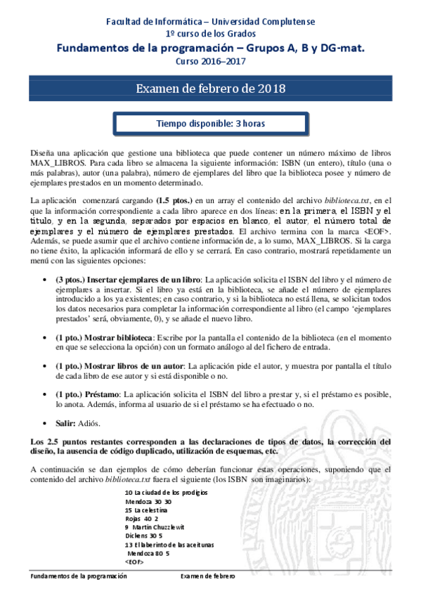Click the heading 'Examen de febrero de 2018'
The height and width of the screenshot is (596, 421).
[210, 89]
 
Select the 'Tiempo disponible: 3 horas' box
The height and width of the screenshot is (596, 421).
[210, 124]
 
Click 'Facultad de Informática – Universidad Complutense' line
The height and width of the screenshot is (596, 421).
[210, 22]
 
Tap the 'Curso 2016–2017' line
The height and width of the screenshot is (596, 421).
[210, 61]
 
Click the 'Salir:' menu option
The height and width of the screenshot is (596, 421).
[67, 423]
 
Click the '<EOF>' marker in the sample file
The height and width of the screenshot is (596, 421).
[134, 562]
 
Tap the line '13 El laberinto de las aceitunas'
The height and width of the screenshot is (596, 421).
[169, 545]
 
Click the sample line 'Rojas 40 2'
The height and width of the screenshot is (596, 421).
[141, 518]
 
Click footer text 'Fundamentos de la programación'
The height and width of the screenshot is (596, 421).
[79, 576]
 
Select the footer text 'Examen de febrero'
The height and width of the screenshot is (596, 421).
[208, 576]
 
